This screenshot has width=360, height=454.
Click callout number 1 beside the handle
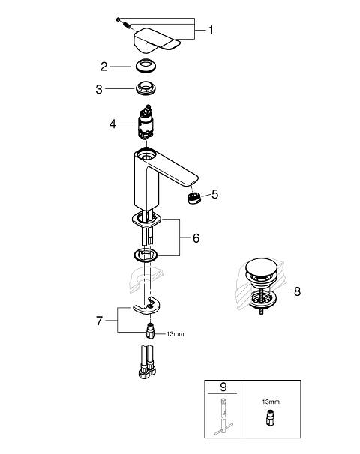[x=211, y=31]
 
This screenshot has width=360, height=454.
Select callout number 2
[x=104, y=67]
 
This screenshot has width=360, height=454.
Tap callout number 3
[x=99, y=89]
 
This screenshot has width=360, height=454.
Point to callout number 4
[x=112, y=124]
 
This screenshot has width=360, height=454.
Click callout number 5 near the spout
[x=214, y=194]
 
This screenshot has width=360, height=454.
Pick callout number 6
[x=196, y=238]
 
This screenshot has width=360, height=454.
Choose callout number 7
[x=100, y=321]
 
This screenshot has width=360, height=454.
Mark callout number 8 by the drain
[x=297, y=291]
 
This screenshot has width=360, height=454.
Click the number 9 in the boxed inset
[x=223, y=387]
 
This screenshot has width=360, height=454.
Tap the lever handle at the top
[x=157, y=41]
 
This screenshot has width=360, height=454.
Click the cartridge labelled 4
[x=145, y=123]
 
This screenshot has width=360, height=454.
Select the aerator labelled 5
[x=194, y=198]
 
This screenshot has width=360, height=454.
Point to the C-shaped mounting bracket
[x=146, y=309]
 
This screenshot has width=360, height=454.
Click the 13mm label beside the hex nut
[x=175, y=334]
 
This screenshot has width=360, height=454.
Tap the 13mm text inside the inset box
[x=271, y=402]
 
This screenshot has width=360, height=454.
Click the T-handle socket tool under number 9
[x=223, y=417]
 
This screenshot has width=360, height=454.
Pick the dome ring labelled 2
[x=146, y=65]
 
